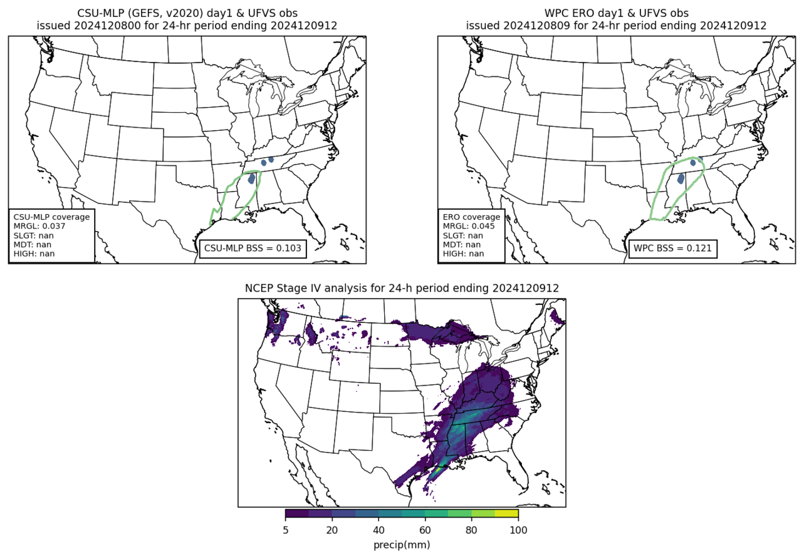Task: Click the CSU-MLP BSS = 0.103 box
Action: click(253, 249)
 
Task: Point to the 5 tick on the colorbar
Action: click(285, 530)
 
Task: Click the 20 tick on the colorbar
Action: click(332, 530)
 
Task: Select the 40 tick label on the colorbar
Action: click(379, 530)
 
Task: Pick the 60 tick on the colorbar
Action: click(425, 530)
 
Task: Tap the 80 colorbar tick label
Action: click(471, 530)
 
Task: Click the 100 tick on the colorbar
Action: click(518, 530)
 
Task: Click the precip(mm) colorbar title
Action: click(401, 545)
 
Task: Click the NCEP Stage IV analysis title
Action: click(401, 288)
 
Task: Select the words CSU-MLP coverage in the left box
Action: click(51, 217)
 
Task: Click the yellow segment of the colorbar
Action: click(506, 514)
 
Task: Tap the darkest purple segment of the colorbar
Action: click(297, 514)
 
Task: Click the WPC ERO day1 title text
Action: click(615, 13)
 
